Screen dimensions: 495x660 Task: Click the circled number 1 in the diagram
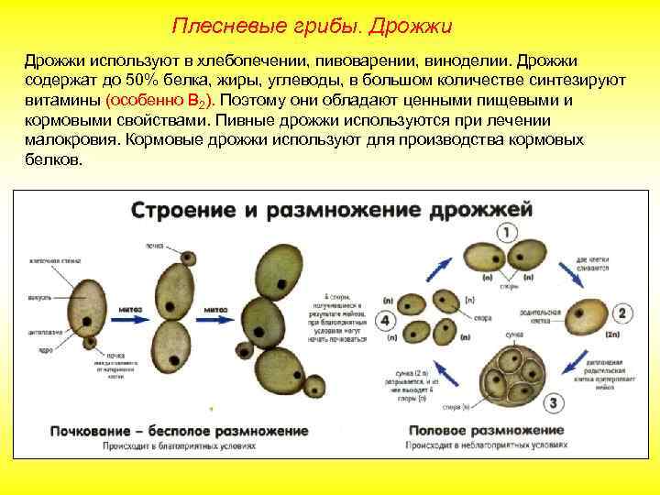click(x=505, y=232)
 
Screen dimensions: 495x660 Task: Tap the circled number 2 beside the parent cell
click(x=621, y=313)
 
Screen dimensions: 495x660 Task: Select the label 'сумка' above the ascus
click(x=515, y=335)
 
